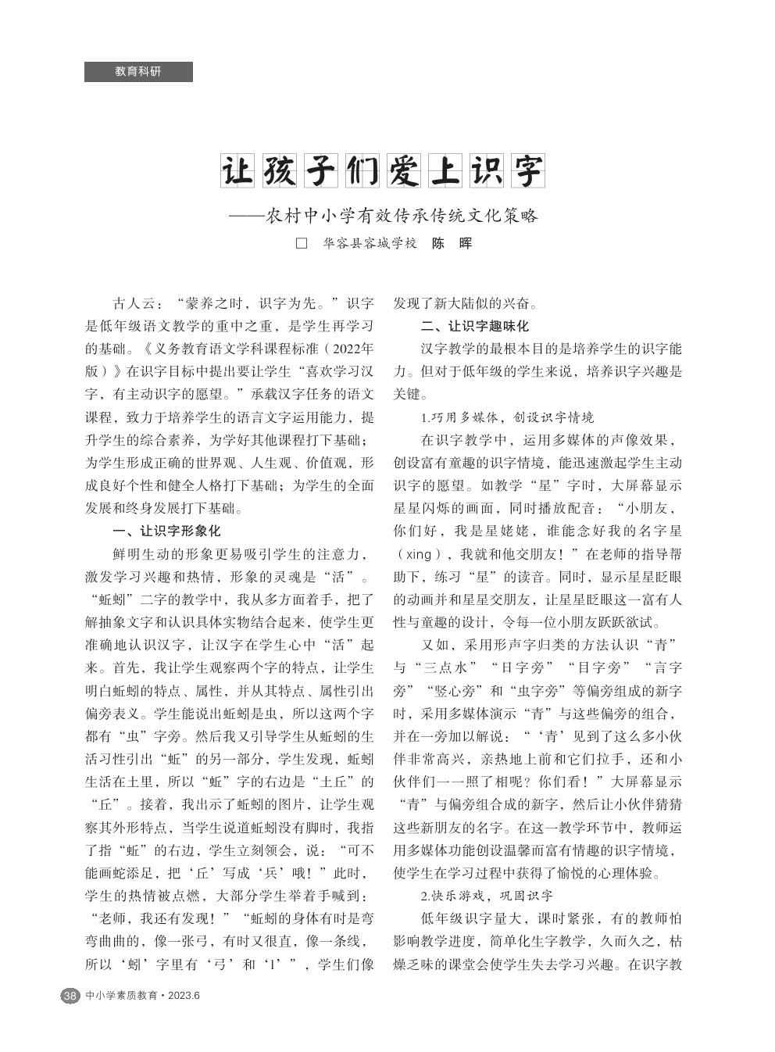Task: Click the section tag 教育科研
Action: click(x=138, y=72)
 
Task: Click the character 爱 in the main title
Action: click(x=403, y=171)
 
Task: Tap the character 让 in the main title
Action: click(x=238, y=171)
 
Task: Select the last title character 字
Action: click(x=527, y=171)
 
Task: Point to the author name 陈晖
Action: click(x=452, y=243)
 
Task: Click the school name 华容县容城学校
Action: click(x=370, y=243)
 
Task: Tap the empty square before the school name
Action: click(x=302, y=243)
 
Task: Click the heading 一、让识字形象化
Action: click(x=167, y=531)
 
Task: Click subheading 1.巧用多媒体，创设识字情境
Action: click(x=507, y=417)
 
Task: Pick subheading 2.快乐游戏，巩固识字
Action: click(x=487, y=896)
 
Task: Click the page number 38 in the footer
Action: click(x=70, y=996)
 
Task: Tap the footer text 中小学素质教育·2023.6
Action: click(x=143, y=996)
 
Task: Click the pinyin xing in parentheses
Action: click(x=419, y=554)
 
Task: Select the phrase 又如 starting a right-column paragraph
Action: click(x=435, y=645)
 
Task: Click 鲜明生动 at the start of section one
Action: click(x=140, y=554)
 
